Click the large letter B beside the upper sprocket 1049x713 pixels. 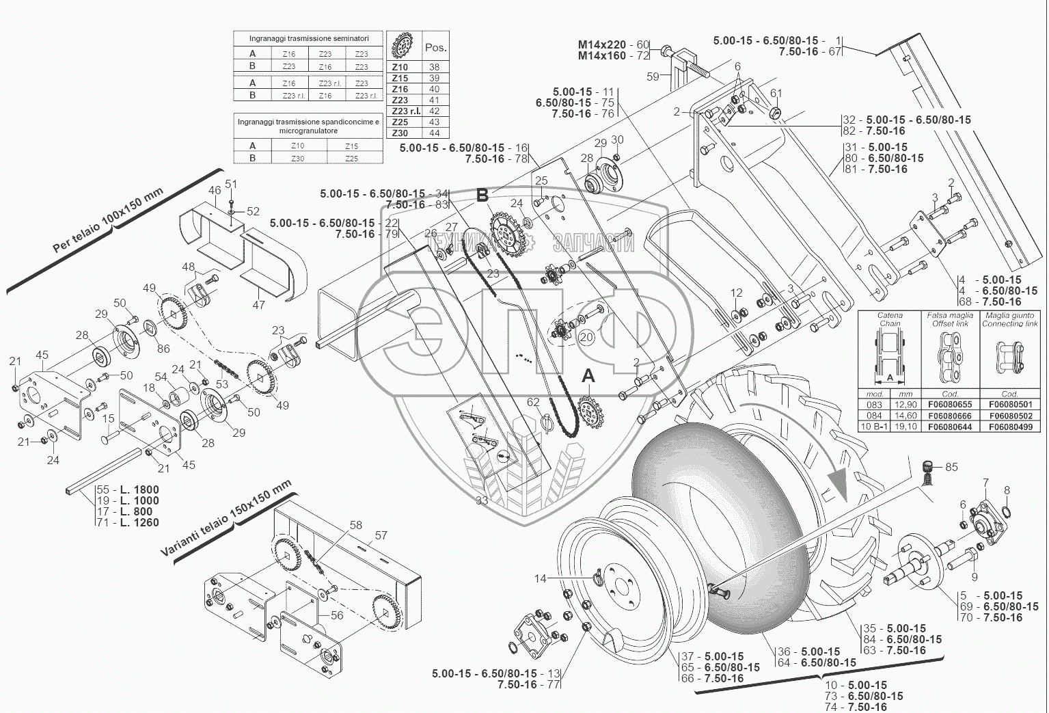click(x=482, y=196)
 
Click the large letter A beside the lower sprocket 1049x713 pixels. click(x=588, y=376)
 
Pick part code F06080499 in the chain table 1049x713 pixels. click(x=1010, y=427)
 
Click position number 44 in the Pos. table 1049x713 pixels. click(x=435, y=133)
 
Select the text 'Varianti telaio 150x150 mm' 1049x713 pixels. click(x=226, y=520)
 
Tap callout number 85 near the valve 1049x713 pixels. click(x=951, y=468)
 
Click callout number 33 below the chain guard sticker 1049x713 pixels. click(x=482, y=500)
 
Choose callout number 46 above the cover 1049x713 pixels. click(x=215, y=190)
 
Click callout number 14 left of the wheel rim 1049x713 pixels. click(x=541, y=578)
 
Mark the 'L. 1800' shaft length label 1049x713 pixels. click(x=139, y=489)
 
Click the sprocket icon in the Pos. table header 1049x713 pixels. click(x=404, y=47)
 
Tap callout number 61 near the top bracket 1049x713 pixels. click(x=776, y=94)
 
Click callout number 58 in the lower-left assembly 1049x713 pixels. click(x=355, y=525)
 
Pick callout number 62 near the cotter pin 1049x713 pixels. click(x=533, y=402)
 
